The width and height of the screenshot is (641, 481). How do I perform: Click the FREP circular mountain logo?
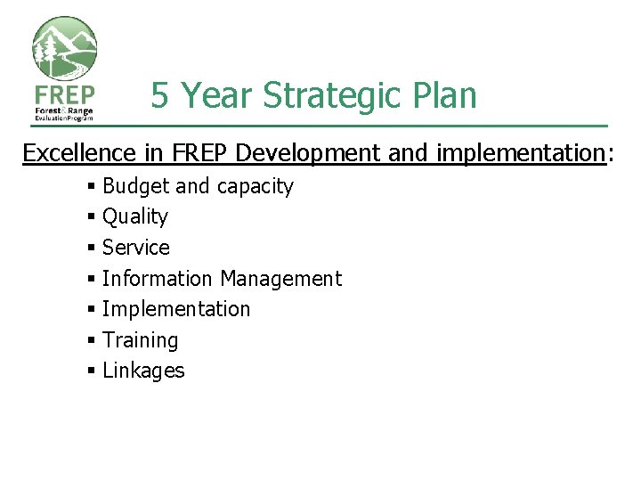pos(64,49)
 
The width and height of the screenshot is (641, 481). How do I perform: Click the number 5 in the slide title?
pos(160,95)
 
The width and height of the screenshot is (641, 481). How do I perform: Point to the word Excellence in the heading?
pos(79,153)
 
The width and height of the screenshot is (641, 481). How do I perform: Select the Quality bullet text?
pos(135,217)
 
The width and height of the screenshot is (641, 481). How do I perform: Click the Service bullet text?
pos(135,248)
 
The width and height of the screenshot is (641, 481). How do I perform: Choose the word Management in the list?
pos(280,279)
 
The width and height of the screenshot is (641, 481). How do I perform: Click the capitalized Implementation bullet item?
pos(176,309)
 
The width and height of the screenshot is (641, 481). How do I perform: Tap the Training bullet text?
pos(140,340)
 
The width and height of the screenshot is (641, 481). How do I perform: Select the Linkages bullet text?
pos(143,371)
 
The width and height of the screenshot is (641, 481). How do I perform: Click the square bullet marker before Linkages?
pos(92,371)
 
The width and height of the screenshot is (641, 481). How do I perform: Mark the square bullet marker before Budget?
pos(92,186)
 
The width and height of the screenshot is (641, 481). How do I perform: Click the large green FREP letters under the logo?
pos(63,94)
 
